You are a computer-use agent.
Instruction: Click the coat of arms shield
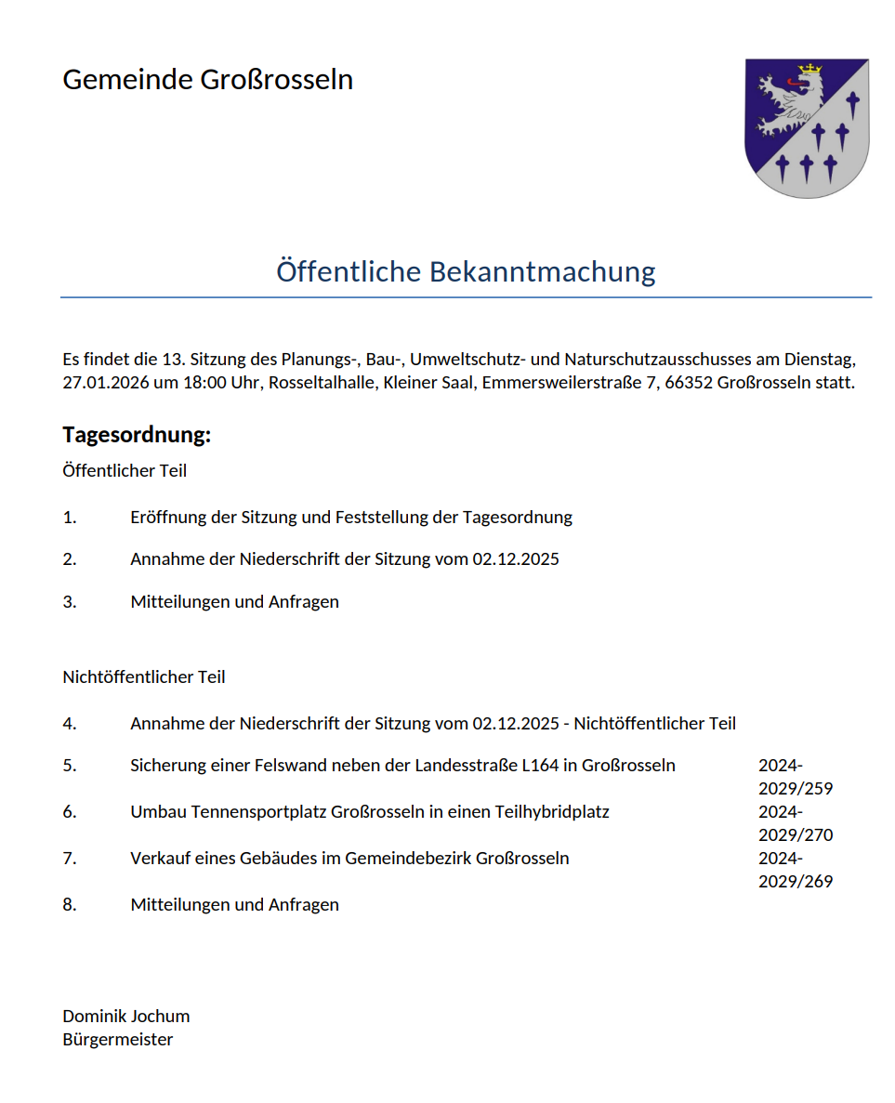click(x=807, y=128)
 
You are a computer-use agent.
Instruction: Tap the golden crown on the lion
click(x=811, y=69)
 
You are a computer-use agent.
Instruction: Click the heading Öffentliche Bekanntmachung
click(x=466, y=271)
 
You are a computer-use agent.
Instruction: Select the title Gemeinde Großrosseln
click(x=207, y=80)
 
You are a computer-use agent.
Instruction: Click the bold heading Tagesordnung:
click(x=137, y=434)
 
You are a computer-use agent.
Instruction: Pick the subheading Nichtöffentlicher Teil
click(x=144, y=676)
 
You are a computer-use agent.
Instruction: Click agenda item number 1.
click(x=70, y=518)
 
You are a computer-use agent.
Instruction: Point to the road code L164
click(x=542, y=766)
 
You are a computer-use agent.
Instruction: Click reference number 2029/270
click(x=796, y=834)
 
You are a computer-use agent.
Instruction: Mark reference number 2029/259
click(x=796, y=789)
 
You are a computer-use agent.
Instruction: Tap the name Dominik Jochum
click(x=125, y=1016)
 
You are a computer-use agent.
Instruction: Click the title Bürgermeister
click(x=118, y=1040)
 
